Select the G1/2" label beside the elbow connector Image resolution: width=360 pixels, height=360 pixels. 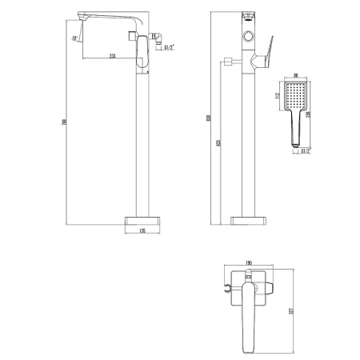click(170, 48)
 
